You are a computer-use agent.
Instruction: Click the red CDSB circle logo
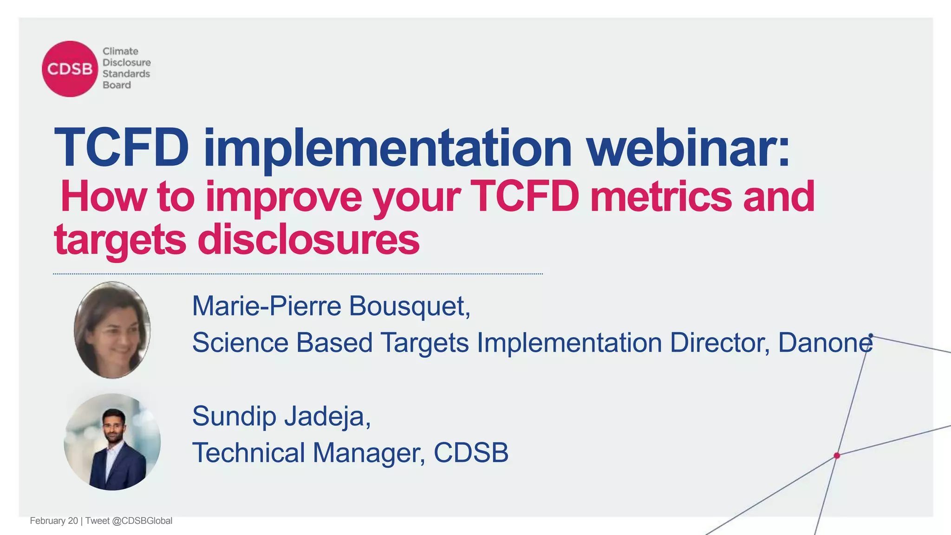click(70, 69)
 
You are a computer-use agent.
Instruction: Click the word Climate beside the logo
click(120, 51)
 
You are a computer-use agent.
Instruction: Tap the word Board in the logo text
click(117, 85)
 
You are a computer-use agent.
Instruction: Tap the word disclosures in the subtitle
click(308, 240)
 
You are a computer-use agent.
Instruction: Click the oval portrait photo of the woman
click(112, 330)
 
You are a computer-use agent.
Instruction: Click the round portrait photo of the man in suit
click(112, 442)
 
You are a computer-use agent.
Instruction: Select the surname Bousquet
click(410, 307)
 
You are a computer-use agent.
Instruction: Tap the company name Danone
click(825, 343)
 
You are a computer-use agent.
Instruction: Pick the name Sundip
click(234, 417)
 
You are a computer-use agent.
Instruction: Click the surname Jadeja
click(327, 417)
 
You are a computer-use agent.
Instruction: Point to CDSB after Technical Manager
click(471, 453)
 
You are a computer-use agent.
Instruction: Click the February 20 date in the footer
click(54, 521)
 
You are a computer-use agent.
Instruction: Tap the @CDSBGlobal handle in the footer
click(142, 521)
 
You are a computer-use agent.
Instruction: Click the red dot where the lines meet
click(837, 456)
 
